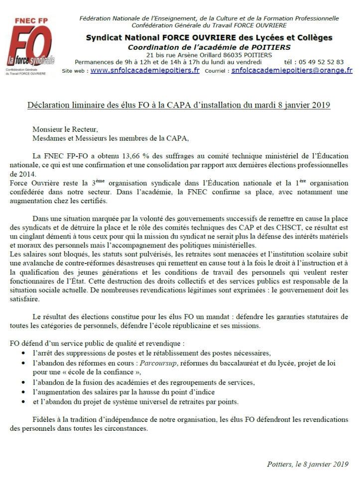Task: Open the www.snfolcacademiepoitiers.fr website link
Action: tap(145, 71)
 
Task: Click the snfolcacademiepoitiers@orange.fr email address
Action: tap(292, 71)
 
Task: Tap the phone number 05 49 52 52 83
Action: tap(320, 62)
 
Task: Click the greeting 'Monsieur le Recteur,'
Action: tap(65, 129)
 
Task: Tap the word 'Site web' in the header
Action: tap(74, 71)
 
